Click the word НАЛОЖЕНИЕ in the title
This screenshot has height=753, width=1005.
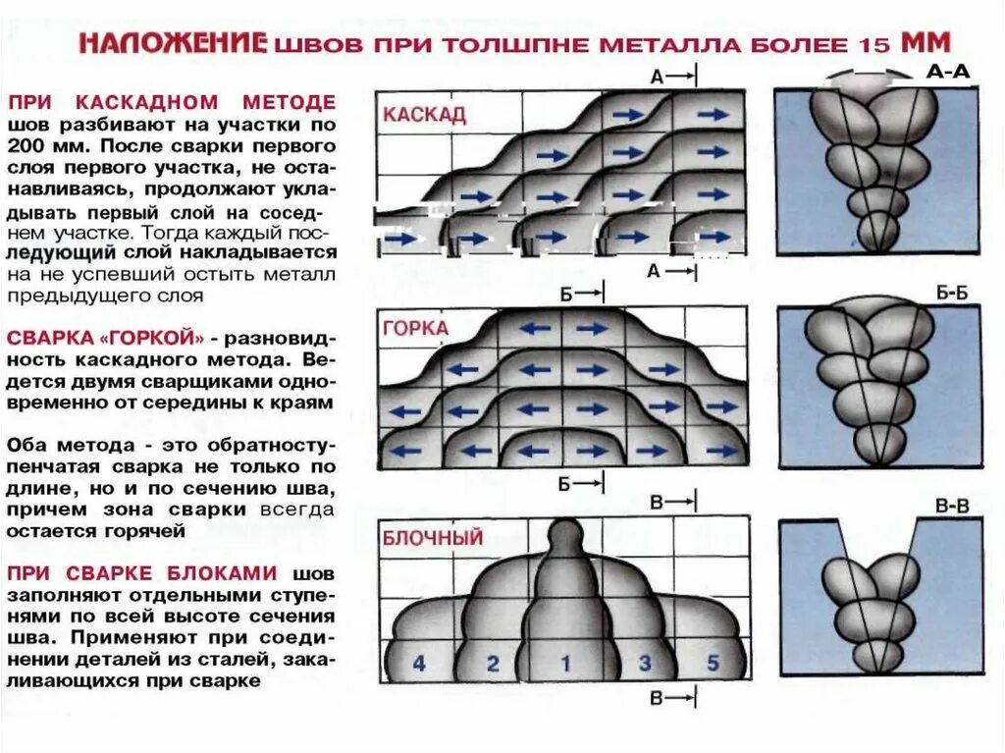point(173,43)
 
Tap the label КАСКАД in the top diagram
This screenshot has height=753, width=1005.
point(424,114)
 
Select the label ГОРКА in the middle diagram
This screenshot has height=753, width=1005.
point(415,328)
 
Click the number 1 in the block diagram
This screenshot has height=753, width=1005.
point(564,663)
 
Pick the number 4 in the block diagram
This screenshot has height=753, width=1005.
point(419,664)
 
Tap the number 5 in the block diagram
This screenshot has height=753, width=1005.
point(713,663)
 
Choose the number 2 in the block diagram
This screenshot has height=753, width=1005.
point(493,664)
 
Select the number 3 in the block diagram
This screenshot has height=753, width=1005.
point(644,663)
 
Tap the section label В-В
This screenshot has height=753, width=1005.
point(951,507)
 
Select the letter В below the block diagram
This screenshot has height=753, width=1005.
point(658,698)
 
